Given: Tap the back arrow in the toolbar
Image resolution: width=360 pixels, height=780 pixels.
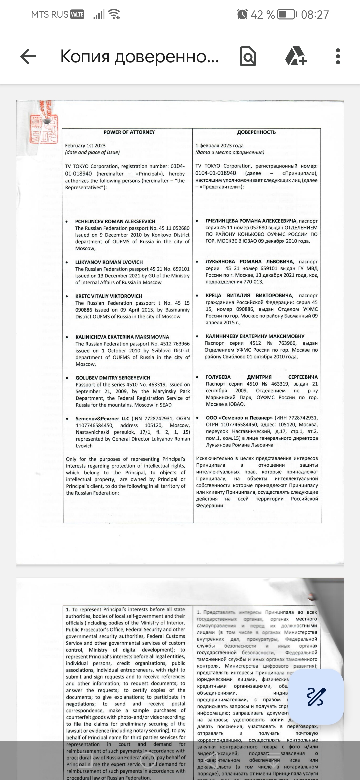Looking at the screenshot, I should tap(28, 56).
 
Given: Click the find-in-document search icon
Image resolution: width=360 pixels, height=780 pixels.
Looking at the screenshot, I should tap(248, 57).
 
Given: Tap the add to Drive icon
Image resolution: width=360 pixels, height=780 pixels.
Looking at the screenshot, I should tap(296, 56).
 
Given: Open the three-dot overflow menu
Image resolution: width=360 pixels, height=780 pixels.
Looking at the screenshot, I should tap(338, 56).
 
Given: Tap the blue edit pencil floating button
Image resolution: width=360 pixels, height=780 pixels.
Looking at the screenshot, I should tap(315, 697).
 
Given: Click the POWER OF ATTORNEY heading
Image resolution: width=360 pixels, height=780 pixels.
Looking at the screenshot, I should tap(129, 132).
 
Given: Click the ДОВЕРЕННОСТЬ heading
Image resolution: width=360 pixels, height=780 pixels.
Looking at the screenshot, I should tap(256, 132).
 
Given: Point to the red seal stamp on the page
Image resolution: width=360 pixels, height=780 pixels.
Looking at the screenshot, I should tap(43, 128).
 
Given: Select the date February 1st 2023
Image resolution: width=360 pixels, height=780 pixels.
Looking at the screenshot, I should tap(85, 146).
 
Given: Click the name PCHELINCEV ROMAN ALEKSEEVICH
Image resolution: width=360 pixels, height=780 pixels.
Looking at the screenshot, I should tap(115, 221).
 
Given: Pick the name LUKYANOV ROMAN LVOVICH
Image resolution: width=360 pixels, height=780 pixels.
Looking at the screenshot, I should tap(109, 262).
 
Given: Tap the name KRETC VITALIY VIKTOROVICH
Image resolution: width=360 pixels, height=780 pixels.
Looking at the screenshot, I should tap(109, 296).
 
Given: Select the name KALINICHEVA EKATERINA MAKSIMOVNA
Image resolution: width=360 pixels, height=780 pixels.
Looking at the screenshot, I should tap(122, 337).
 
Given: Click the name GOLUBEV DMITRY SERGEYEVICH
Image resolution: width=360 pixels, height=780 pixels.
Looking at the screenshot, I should tap(113, 378).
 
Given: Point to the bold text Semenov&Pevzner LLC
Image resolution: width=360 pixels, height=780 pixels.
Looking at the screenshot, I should tap(102, 419).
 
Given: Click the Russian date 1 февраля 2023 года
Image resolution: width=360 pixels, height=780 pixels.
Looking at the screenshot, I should tap(219, 146).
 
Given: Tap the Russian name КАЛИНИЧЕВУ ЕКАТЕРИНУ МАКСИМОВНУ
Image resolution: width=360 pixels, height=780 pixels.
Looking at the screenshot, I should tap(255, 336).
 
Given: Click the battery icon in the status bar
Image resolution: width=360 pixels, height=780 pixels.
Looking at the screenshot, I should tap(287, 14).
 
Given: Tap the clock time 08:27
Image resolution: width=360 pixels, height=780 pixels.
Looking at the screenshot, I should tap(315, 14).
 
